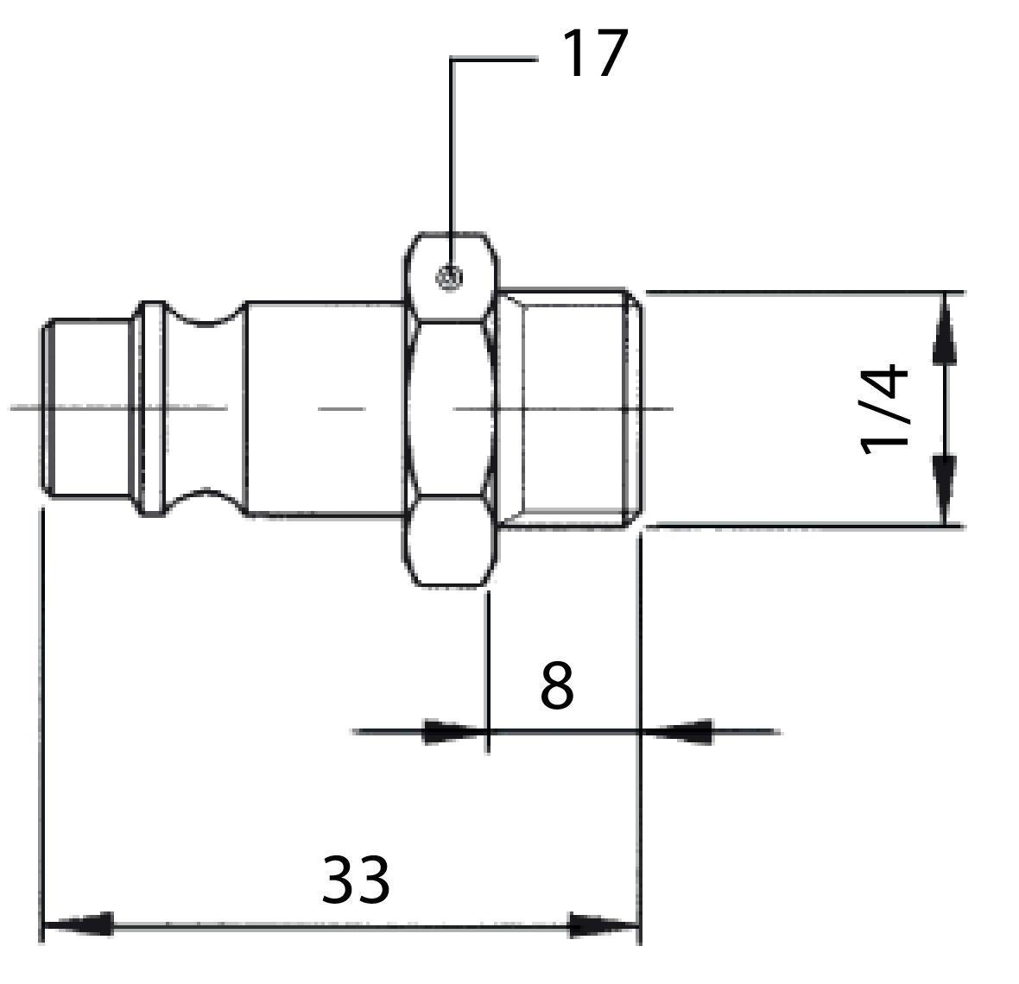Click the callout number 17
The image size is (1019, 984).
(x=593, y=54)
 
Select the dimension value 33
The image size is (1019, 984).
(x=356, y=880)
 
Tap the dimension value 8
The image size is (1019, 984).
(x=557, y=686)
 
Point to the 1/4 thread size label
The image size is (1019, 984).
(x=885, y=409)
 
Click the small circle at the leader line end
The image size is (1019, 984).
(x=449, y=278)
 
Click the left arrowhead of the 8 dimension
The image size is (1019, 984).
(x=453, y=732)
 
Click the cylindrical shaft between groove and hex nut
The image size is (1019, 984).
(x=324, y=408)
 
